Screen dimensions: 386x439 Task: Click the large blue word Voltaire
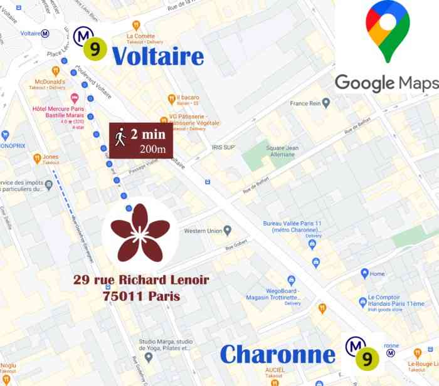click(x=157, y=56)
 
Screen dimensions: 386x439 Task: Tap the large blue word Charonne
click(x=277, y=355)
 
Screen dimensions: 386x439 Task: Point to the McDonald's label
click(x=50, y=81)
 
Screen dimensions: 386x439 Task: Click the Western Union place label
click(x=203, y=231)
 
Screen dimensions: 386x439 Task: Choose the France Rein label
click(x=305, y=103)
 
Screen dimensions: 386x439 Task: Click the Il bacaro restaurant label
click(x=187, y=98)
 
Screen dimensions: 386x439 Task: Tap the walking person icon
click(x=120, y=137)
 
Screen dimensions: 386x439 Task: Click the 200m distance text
click(x=152, y=149)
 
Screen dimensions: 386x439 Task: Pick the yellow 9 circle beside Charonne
click(x=366, y=358)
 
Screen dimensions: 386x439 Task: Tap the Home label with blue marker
click(x=377, y=274)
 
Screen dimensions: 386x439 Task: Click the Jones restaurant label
click(x=50, y=157)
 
